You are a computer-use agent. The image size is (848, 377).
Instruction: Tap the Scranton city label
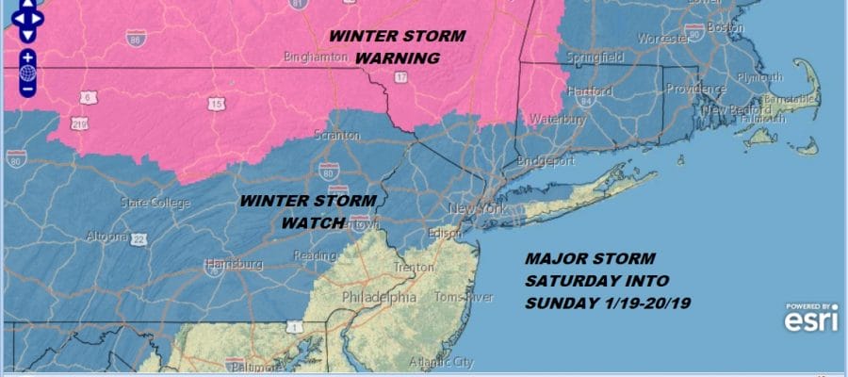pyautogui.click(x=336, y=136)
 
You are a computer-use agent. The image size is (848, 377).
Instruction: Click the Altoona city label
pyautogui.click(x=106, y=236)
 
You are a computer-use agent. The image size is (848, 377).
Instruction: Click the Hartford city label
pyautogui.click(x=592, y=91)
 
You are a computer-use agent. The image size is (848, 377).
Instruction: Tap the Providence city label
pyautogui.click(x=693, y=89)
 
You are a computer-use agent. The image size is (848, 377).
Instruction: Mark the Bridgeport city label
pyautogui.click(x=545, y=161)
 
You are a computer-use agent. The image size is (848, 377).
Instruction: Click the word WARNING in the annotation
pyautogui.click(x=397, y=57)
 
